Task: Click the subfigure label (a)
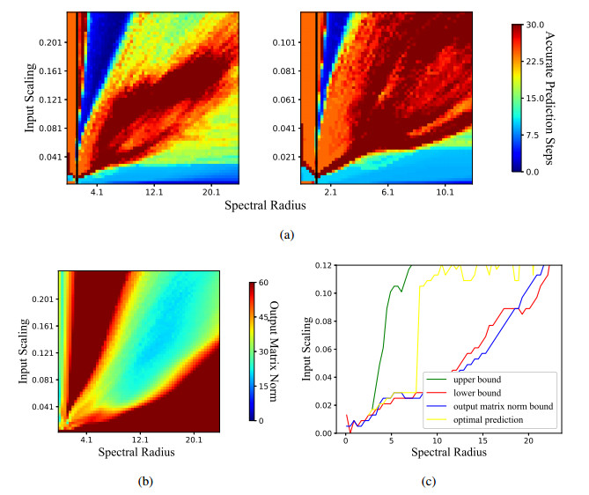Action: coord(285,235)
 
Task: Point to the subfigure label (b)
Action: coord(142,480)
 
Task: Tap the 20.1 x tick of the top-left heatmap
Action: coord(211,192)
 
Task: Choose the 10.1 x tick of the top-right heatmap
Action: coord(445,192)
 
